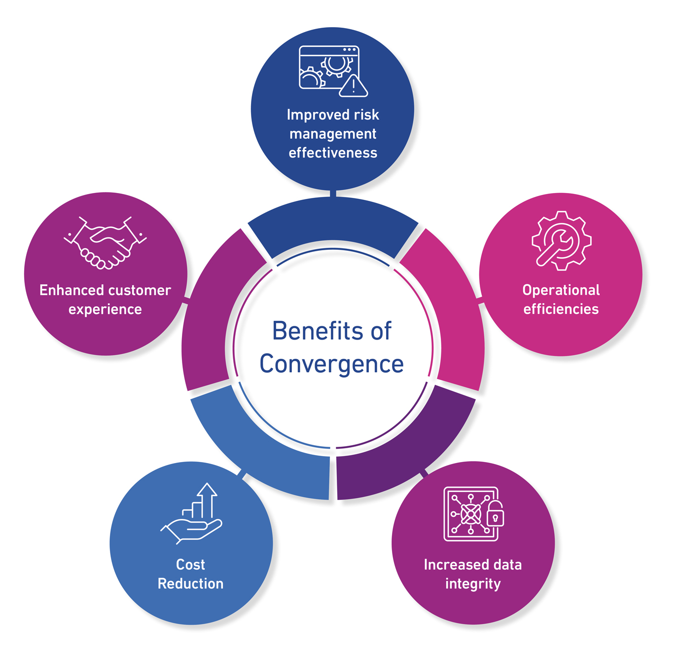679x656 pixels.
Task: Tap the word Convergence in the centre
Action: (331, 365)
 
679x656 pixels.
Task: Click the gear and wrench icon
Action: (562, 241)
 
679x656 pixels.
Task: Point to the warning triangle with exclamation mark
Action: (354, 86)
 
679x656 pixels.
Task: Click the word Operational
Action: (561, 290)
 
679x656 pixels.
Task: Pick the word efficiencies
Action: (561, 309)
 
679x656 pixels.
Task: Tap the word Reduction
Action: (190, 584)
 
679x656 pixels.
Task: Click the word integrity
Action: (473, 584)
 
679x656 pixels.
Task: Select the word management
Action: (333, 134)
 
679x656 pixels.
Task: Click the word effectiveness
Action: (333, 153)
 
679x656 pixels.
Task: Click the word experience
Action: (105, 309)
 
